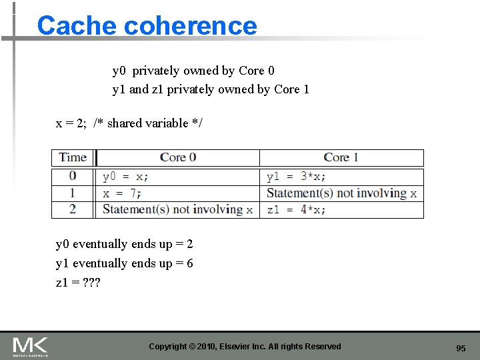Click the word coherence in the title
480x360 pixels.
[191, 25]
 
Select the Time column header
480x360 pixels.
[73, 157]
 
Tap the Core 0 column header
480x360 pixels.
[178, 157]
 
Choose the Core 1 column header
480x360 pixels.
[341, 157]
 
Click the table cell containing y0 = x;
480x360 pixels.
[126, 177]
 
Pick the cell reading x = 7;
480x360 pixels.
[122, 193]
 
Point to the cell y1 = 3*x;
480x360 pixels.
[296, 177]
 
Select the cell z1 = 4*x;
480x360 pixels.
[296, 209]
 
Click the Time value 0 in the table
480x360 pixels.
[73, 176]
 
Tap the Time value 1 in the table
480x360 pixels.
[73, 193]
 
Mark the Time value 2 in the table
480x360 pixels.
[73, 209]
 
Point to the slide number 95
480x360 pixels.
[461, 348]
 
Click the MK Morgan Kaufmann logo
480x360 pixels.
[30, 346]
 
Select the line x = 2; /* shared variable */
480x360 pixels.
[129, 123]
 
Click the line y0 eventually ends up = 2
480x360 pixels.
[125, 244]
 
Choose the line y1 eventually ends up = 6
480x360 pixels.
[125, 263]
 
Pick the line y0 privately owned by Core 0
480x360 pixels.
[193, 71]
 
